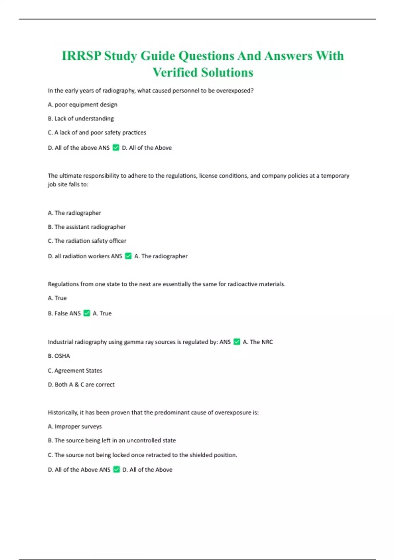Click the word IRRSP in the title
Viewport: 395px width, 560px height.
click(81, 56)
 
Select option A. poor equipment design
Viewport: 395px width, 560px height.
click(83, 105)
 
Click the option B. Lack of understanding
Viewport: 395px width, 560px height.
click(81, 119)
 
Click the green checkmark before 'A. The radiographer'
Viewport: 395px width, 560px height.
click(128, 256)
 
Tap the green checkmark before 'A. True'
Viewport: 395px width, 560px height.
click(87, 313)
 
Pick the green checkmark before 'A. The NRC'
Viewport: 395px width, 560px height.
click(237, 342)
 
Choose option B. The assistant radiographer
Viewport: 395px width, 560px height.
click(87, 227)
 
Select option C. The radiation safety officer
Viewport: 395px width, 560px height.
click(87, 241)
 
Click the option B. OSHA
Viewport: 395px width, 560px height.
click(59, 356)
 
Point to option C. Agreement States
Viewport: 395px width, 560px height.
click(75, 371)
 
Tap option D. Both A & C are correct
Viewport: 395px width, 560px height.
click(81, 384)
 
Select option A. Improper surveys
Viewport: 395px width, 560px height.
click(75, 427)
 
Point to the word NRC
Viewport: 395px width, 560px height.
click(266, 342)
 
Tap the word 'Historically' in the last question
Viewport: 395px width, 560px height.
click(62, 412)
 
